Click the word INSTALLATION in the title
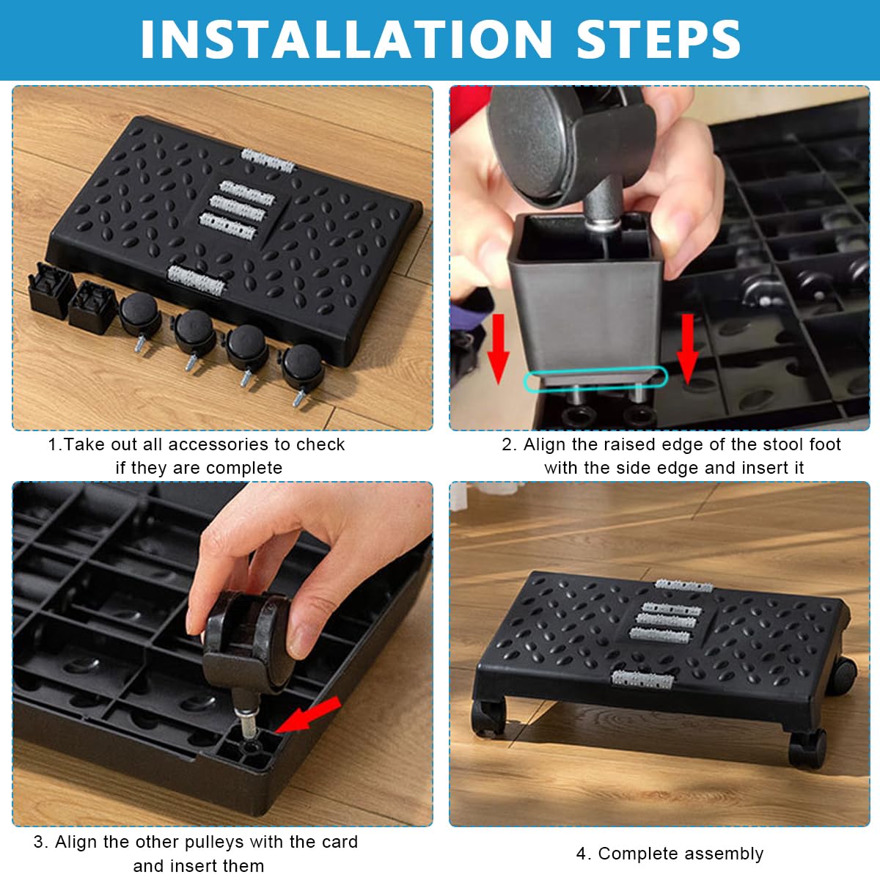[x=345, y=40]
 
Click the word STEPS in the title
[x=659, y=40]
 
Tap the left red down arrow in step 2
[x=498, y=348]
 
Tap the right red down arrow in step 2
[x=687, y=348]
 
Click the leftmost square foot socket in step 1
[x=51, y=291]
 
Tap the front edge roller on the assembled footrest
[x=642, y=680]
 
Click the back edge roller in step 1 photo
[x=268, y=161]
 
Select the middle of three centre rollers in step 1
[x=238, y=209]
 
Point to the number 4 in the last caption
[x=581, y=854]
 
